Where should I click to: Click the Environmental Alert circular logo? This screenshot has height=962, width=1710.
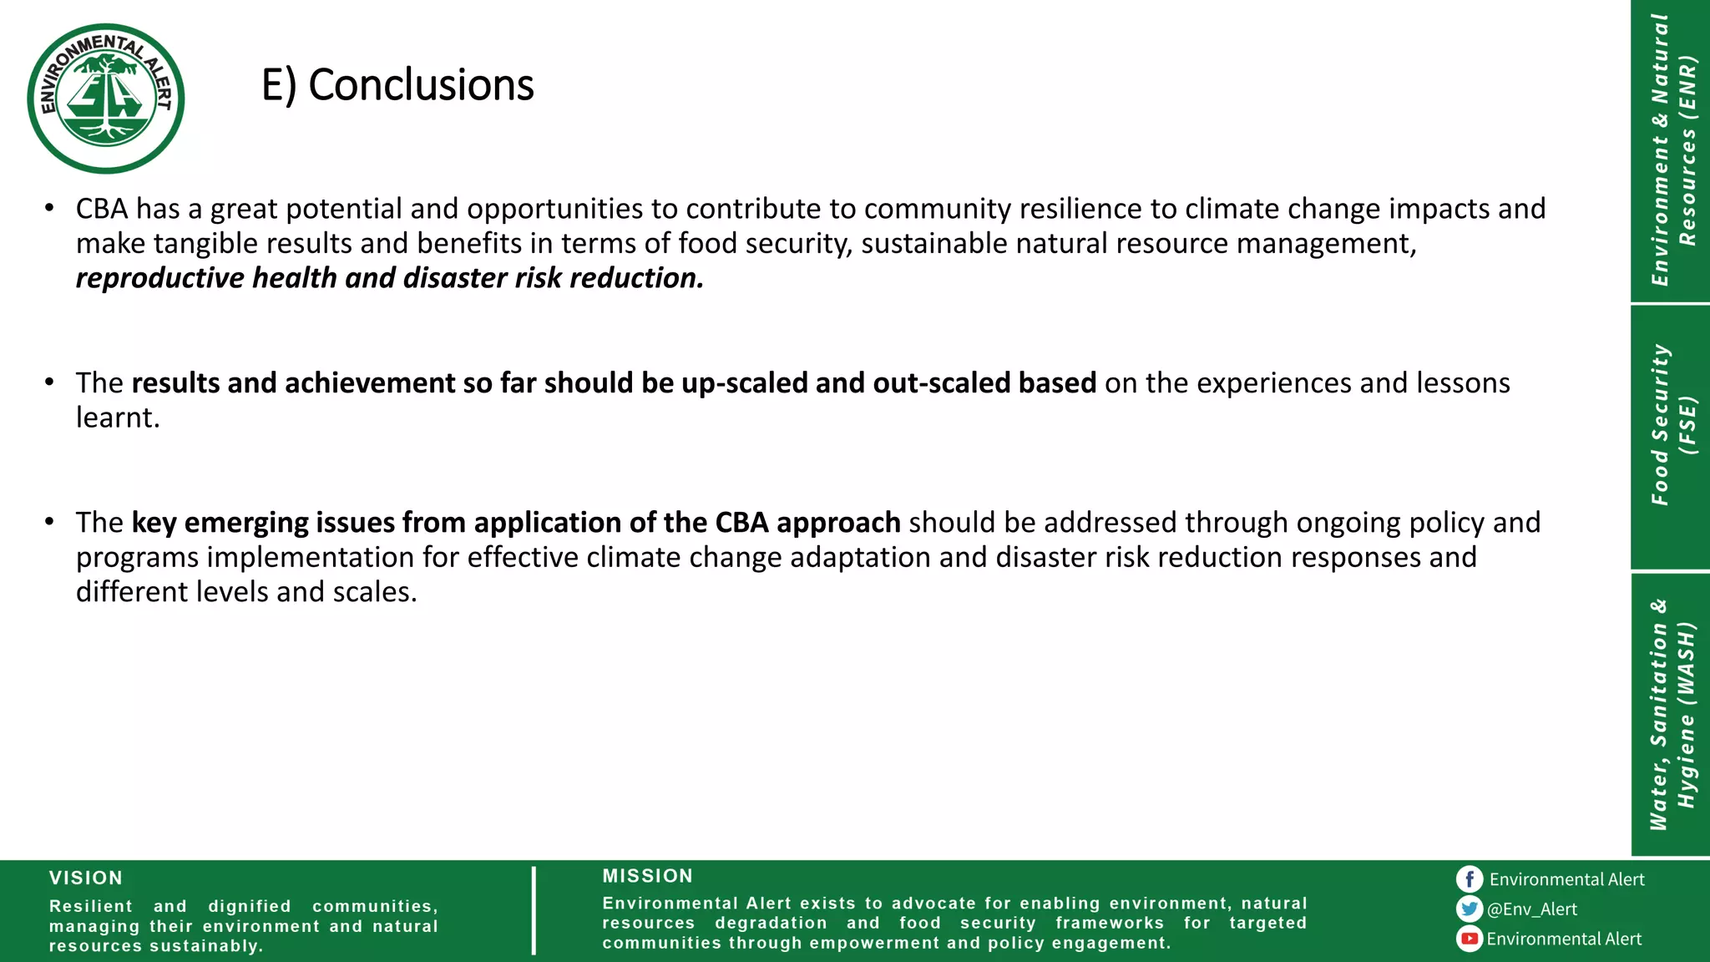(x=105, y=99)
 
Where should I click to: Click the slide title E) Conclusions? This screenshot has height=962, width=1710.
(x=397, y=85)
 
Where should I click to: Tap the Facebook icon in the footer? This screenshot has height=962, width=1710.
(x=1469, y=879)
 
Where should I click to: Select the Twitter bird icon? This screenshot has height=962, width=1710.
(x=1469, y=909)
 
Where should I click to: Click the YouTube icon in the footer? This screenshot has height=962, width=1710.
(x=1469, y=939)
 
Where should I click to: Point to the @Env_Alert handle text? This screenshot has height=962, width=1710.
(x=1532, y=909)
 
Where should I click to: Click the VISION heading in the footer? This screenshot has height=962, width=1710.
(x=86, y=878)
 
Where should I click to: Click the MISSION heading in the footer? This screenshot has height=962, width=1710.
(x=648, y=876)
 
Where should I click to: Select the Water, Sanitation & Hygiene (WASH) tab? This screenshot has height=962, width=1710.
(x=1671, y=715)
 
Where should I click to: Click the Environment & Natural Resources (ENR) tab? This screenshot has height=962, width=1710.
(x=1671, y=150)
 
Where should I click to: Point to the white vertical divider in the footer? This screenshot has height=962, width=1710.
(x=534, y=910)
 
